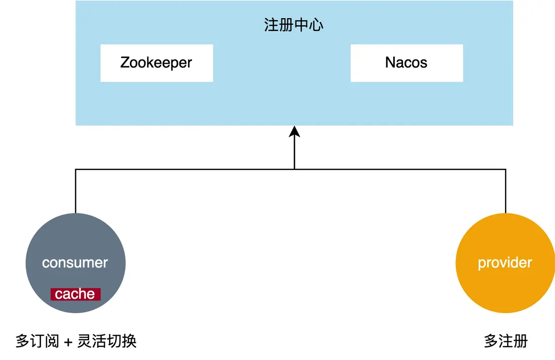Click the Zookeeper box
[157, 63]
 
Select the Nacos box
[406, 63]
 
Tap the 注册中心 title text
[294, 25]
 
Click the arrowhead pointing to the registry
[294, 132]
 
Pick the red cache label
[75, 294]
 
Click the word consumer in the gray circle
[75, 263]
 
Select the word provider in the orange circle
[505, 263]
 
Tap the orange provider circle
[505, 283]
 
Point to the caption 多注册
[505, 341]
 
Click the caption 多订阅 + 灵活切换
[76, 341]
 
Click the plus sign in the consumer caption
[68, 342]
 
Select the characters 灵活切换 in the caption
[107, 341]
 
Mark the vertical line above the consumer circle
[75, 191]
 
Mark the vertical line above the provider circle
[505, 191]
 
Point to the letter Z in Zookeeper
[125, 63]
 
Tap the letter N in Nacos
[390, 63]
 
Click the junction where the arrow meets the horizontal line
[294, 169]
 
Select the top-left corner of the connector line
[75, 169]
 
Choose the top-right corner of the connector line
[505, 169]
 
